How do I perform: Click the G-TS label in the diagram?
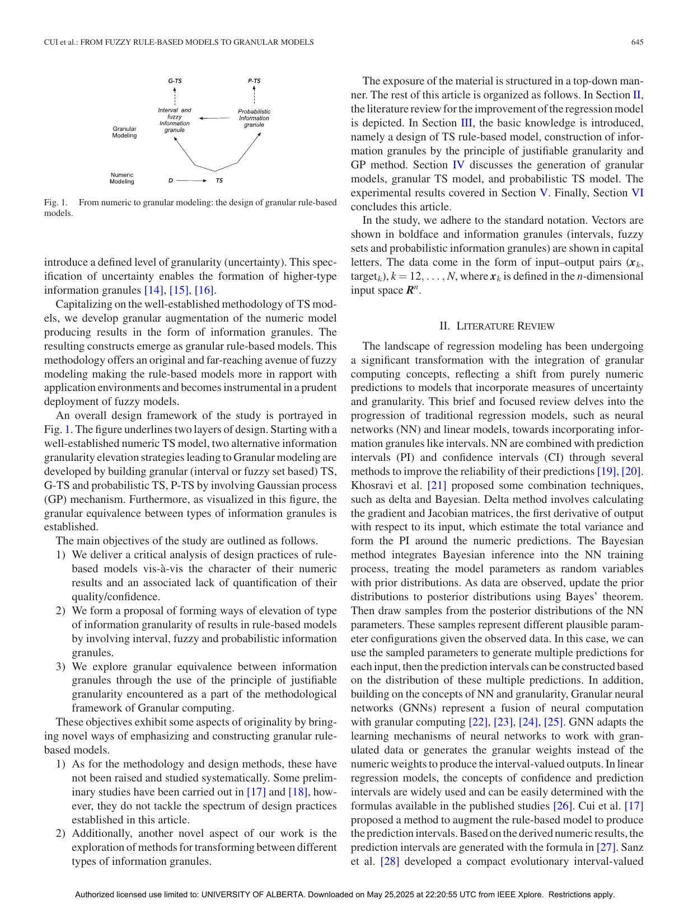pyautogui.click(x=175, y=81)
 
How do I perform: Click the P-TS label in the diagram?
pyautogui.click(x=254, y=81)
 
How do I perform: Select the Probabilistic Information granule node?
pyautogui.click(x=254, y=118)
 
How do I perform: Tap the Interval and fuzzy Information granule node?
pyautogui.click(x=175, y=120)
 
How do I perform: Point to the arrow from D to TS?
pyautogui.click(x=193, y=181)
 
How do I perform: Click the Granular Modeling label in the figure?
pyautogui.click(x=124, y=132)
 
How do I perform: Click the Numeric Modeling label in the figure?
pyautogui.click(x=122, y=178)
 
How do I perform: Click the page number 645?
pyautogui.click(x=636, y=43)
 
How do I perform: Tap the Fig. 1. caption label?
pyautogui.click(x=55, y=203)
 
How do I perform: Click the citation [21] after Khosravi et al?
pyautogui.click(x=437, y=486)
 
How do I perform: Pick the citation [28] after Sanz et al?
pyautogui.click(x=390, y=861)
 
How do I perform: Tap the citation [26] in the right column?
pyautogui.click(x=563, y=806)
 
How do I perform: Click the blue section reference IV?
pyautogui.click(x=458, y=165)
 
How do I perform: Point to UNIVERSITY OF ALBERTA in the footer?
pyautogui.click(x=253, y=894)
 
